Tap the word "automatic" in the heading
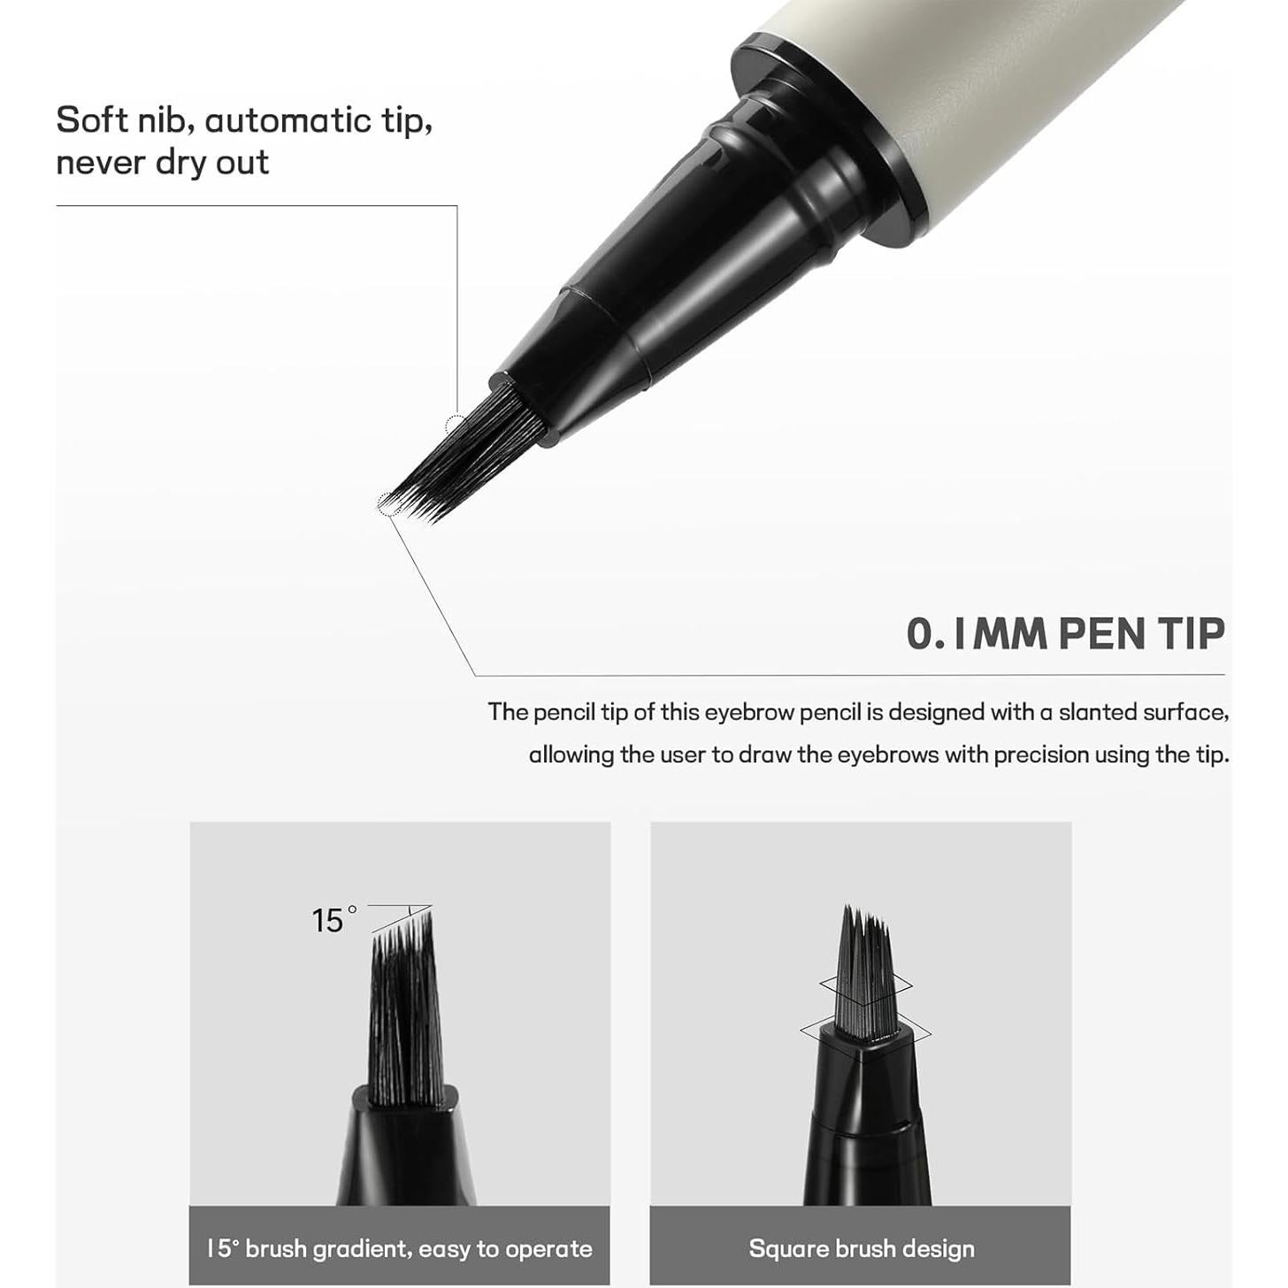[287, 120]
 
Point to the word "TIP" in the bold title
[1191, 633]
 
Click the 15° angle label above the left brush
[333, 920]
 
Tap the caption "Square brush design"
[861, 1248]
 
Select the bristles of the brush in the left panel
[405, 1008]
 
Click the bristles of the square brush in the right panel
[862, 973]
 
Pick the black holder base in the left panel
[405, 1150]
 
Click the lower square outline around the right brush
[920, 1032]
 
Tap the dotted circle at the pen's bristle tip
[388, 504]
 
